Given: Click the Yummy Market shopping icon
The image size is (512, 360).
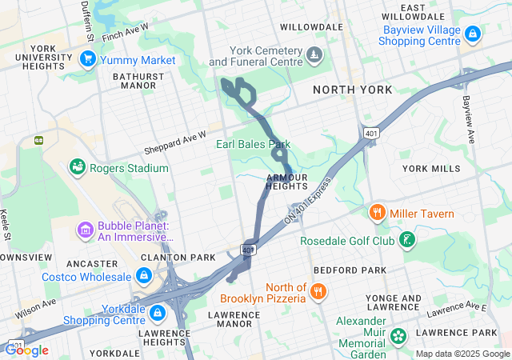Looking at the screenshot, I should (x=88, y=59).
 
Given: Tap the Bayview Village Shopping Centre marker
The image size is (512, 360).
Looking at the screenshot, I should (x=473, y=34).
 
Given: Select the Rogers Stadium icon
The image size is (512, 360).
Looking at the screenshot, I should (x=78, y=167).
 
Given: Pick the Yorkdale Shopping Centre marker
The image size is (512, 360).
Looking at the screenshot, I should (x=158, y=311).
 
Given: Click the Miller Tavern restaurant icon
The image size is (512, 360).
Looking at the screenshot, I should (x=377, y=213).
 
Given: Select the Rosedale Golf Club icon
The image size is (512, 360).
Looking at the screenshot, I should (x=407, y=240).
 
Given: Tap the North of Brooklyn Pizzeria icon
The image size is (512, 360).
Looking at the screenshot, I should (x=318, y=292).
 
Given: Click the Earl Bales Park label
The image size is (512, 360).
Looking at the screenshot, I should (x=252, y=144).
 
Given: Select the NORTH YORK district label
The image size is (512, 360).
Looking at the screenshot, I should (x=353, y=90).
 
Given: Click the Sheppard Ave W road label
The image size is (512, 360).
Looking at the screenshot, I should (x=175, y=143).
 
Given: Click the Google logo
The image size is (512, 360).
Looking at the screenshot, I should (x=26, y=350).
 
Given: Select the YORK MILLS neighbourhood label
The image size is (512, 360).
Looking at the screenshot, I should (x=431, y=169).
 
